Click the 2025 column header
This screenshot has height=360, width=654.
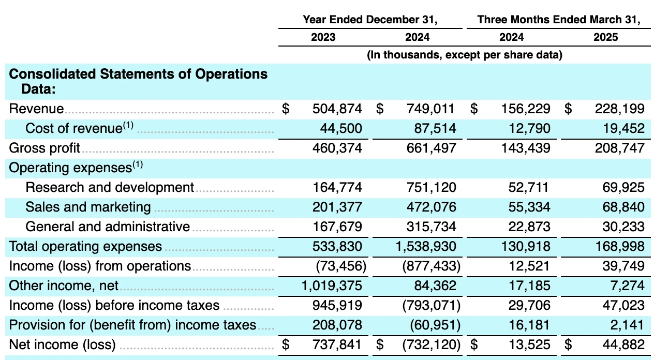605,37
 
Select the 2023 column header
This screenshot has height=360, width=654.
323,37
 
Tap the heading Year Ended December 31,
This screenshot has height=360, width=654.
370,20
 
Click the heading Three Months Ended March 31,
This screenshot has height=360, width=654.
558,20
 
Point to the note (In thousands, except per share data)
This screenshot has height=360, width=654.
465,55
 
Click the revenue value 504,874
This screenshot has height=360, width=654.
337,109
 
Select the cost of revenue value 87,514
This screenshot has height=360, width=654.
435,128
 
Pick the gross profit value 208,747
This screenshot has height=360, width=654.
619,148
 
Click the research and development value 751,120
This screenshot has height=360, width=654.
431,187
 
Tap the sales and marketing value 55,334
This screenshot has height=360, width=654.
529,207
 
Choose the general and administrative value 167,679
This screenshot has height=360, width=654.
337,227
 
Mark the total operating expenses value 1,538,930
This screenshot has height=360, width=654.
426,246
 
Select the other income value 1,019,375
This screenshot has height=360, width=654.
332,286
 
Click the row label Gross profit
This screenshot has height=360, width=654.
44,148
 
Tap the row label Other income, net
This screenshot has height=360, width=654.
64,286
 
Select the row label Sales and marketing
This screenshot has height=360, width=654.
88,207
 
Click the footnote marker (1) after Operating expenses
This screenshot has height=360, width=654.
138,164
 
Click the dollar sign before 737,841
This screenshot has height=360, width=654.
286,344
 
